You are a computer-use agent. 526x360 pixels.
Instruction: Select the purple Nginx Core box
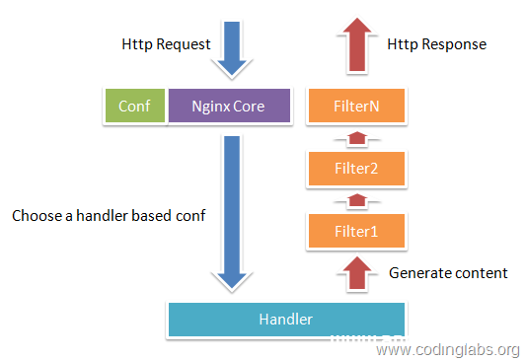228,106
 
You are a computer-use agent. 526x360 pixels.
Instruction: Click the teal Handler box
286,319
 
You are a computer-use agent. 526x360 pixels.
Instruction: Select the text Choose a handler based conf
109,214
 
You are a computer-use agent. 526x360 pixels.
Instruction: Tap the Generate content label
448,272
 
